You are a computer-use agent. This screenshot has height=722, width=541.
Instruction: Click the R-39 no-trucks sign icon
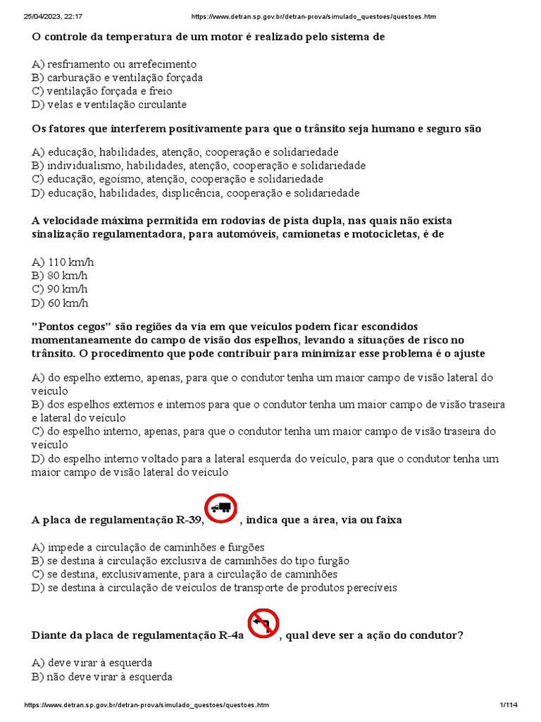[220, 508]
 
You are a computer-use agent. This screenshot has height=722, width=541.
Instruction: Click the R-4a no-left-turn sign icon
[263, 624]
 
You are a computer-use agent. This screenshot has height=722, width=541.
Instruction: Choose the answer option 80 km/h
[60, 276]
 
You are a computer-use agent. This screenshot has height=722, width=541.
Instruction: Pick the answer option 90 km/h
[60, 289]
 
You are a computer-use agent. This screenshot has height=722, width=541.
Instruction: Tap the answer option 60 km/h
[60, 303]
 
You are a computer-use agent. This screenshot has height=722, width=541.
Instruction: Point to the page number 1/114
[507, 705]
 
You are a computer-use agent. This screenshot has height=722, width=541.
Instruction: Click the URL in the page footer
[147, 705]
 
